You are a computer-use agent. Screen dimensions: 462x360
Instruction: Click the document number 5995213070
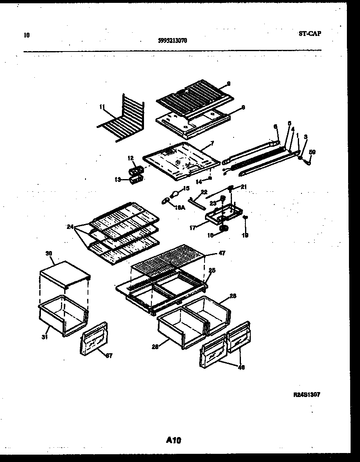[172, 40]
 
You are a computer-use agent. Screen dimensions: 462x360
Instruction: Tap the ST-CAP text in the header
[310, 34]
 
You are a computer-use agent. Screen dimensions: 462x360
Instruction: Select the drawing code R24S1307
[306, 395]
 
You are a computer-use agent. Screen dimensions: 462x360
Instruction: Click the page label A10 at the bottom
[173, 440]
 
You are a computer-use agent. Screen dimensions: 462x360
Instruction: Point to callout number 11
[101, 107]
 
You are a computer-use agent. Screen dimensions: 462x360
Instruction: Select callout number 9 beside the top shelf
[228, 84]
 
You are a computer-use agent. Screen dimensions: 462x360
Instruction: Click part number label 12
[130, 158]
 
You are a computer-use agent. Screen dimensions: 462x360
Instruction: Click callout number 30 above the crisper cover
[49, 253]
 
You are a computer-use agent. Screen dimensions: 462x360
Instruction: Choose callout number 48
[241, 368]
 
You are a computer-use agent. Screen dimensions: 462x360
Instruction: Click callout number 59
[312, 152]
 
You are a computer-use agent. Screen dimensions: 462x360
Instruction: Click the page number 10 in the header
[27, 35]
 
